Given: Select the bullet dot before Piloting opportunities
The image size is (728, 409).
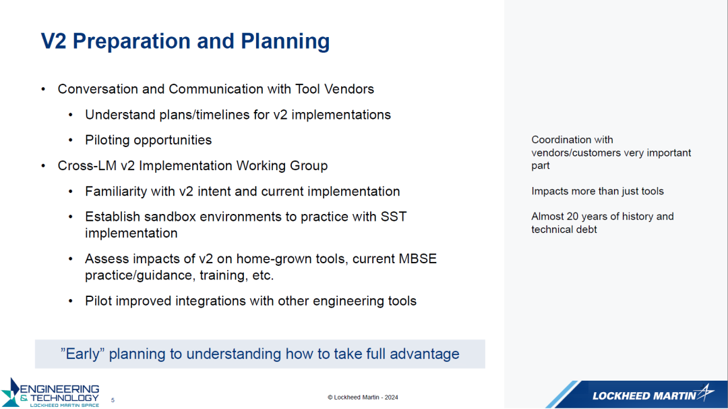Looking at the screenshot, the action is [x=71, y=140].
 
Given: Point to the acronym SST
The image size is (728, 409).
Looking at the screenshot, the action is [x=394, y=217].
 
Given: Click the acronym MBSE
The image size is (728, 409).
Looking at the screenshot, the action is [x=418, y=258].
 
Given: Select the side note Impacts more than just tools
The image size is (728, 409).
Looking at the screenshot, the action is [x=597, y=191].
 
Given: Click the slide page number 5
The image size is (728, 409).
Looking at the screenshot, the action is [x=113, y=400].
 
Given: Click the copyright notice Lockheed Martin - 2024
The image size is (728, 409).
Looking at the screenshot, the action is [x=363, y=398].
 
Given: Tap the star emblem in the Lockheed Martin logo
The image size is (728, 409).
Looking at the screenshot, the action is [x=706, y=393].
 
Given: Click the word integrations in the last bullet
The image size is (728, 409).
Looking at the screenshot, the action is [x=195, y=301].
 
